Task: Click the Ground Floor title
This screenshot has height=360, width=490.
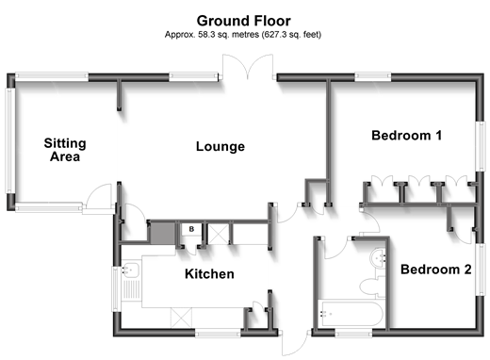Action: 244,21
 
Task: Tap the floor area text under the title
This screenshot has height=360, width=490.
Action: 243,34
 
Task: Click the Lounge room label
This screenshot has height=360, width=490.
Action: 220,147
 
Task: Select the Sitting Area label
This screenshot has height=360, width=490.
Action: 65,150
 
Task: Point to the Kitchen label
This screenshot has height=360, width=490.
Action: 209,274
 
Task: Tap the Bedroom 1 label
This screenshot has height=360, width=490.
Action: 407,136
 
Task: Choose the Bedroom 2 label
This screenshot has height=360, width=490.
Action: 436,270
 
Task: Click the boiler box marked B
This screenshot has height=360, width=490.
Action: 191,229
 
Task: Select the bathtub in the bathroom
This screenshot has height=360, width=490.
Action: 351,314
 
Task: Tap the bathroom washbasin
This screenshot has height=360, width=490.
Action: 379,258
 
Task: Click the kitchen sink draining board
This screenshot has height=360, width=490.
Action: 131,289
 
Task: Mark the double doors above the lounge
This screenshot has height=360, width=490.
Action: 248,66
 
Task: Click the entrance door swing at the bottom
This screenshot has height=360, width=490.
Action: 295,343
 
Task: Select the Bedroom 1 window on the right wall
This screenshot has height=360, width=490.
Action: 481,146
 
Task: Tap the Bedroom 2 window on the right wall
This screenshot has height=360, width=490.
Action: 481,270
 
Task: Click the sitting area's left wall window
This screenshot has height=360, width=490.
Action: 10,140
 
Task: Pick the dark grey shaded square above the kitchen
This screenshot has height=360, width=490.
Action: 163,233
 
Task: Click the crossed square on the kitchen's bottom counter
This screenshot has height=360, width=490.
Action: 181,318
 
